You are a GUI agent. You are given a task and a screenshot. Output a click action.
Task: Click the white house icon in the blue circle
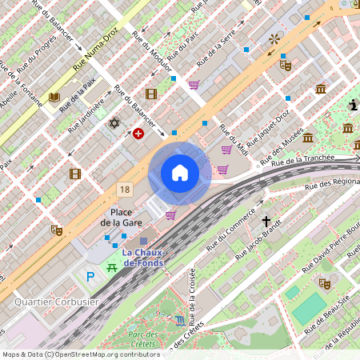click(180, 172)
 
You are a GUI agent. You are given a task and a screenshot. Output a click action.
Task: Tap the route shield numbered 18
click(123, 190)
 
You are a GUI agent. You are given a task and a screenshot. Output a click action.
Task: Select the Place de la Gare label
click(121, 218)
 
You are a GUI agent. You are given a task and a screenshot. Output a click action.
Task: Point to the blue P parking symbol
click(90, 276)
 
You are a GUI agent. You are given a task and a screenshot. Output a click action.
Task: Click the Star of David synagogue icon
click(114, 124)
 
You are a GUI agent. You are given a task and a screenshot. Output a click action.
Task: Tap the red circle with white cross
click(138, 134)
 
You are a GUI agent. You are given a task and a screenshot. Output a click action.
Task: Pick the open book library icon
click(54, 98)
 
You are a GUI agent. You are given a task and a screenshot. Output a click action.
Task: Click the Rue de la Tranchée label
click(302, 161)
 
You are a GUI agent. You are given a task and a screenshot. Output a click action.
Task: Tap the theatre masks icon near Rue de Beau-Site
click(325, 283)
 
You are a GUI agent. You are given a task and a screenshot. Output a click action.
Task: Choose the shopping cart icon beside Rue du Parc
click(194, 85)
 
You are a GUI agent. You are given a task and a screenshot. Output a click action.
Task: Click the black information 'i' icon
click(354, 105)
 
